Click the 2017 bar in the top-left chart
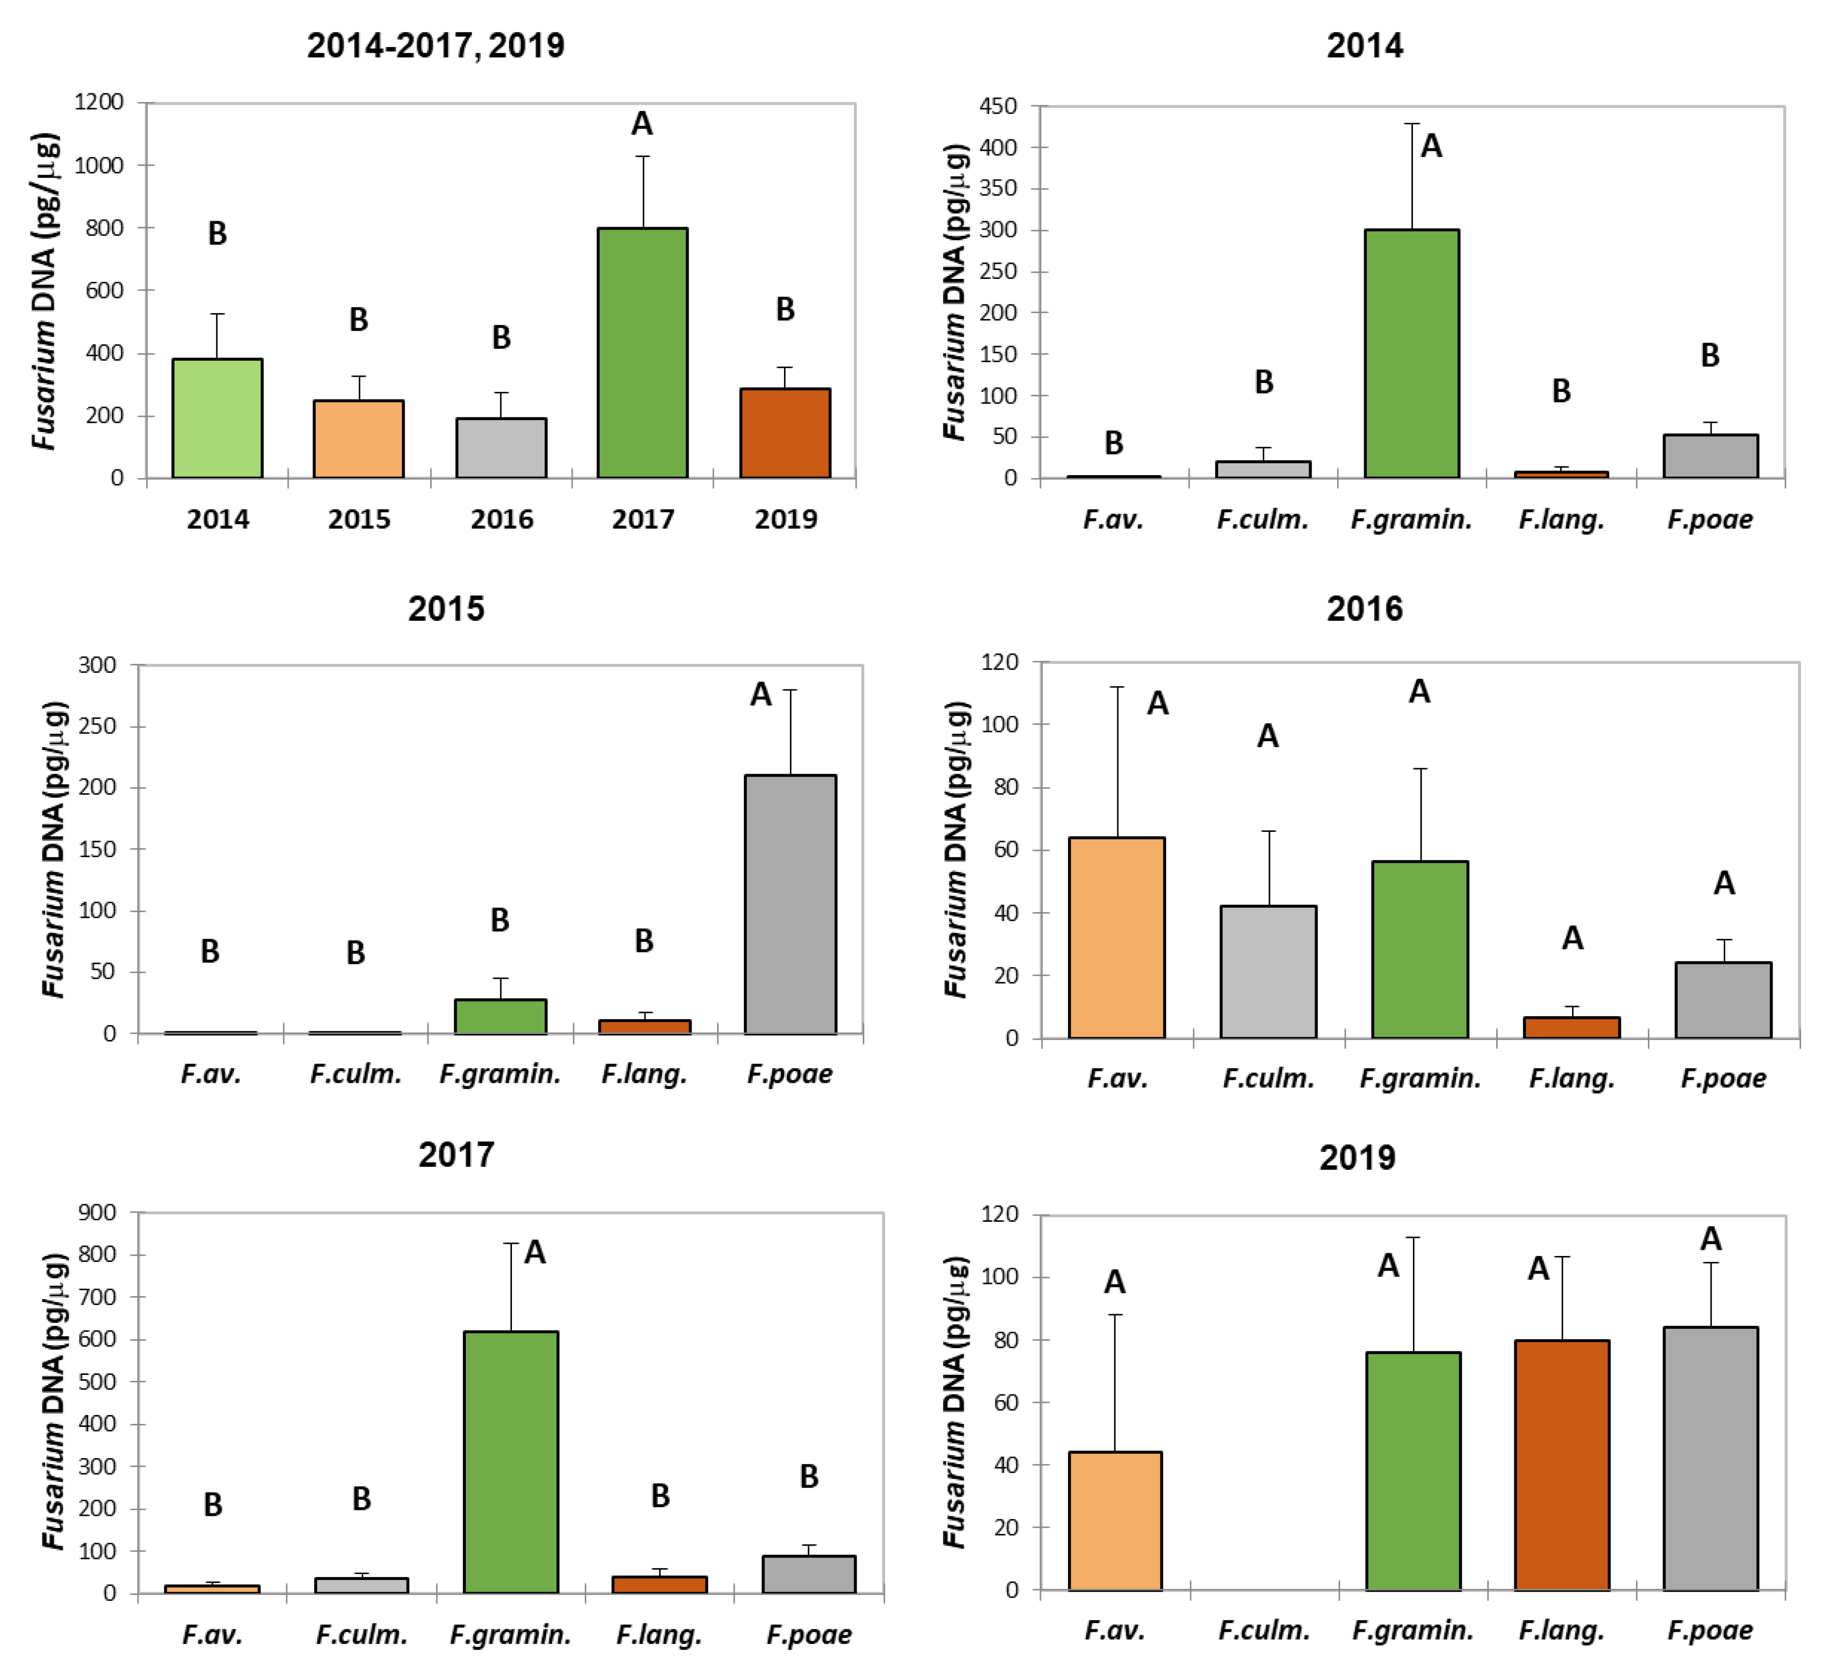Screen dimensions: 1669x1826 tap(642, 353)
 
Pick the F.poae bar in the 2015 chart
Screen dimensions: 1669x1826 tap(790, 904)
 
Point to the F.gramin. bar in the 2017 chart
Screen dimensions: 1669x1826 tap(511, 1462)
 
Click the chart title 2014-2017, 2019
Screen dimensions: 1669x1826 tap(436, 46)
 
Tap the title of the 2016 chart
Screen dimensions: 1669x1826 tap(1364, 609)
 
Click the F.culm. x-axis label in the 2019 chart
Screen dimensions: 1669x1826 tap(1264, 1630)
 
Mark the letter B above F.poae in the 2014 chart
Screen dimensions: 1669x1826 tap(1709, 355)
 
